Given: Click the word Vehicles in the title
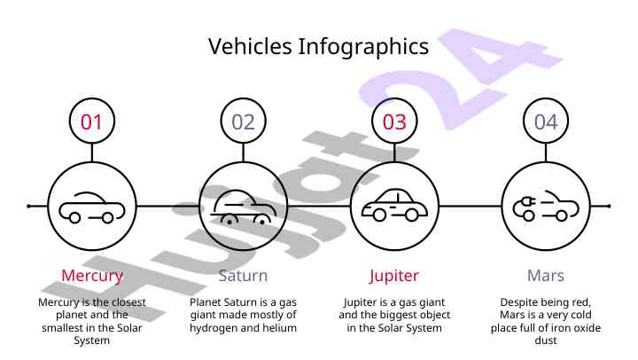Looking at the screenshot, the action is (250, 46).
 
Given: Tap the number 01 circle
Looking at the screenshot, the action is (92, 121).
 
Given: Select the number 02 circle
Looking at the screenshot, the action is (244, 121).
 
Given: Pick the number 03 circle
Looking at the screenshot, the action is (394, 121).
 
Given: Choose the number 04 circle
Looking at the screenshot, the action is (546, 121).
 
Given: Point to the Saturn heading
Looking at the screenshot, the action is (244, 276).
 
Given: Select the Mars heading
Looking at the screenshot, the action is (546, 276).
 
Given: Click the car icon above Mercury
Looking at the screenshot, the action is (92, 207).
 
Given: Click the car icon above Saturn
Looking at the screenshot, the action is (244, 207).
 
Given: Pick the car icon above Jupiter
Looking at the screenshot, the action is (394, 205).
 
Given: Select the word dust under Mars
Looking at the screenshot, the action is (546, 340).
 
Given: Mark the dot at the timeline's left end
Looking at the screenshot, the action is (28, 206).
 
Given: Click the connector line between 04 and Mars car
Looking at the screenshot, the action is (546, 153).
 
